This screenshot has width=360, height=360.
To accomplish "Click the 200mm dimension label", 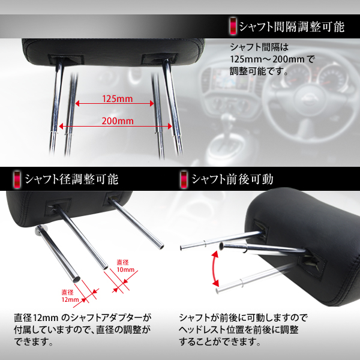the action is click(118, 121).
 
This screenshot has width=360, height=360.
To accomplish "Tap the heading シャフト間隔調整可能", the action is click(292, 27).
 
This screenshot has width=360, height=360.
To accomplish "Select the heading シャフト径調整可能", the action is click(71, 179).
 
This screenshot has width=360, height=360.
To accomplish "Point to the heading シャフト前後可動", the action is click(232, 179).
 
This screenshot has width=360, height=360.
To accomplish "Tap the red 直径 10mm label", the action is click(125, 266).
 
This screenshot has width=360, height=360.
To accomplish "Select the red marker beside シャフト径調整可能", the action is click(17, 179).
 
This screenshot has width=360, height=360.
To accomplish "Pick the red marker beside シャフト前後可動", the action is click(184, 179).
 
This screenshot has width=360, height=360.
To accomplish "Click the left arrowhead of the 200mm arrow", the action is click(61, 126).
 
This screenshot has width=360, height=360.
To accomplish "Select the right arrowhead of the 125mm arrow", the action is click(152, 104).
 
